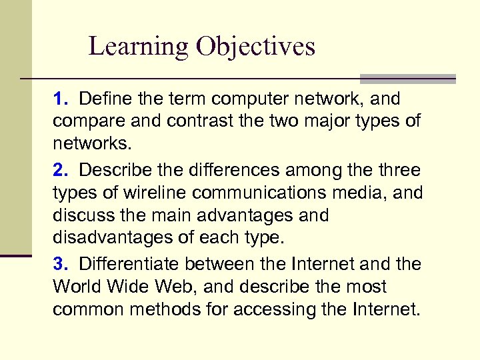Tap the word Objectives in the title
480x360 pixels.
pyautogui.click(x=255, y=47)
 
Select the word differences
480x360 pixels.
pyautogui.click(x=208, y=170)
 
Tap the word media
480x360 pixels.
pyautogui.click(x=357, y=193)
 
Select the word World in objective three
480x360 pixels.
pyautogui.click(x=75, y=287)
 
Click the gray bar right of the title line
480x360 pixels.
pyautogui.click(x=408, y=79)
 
